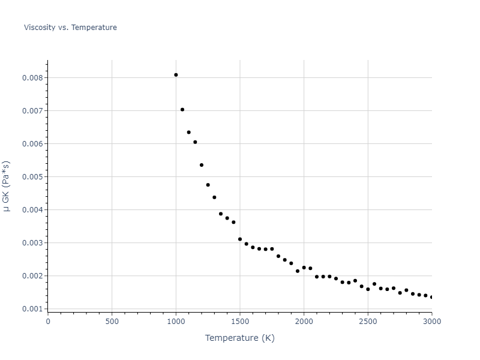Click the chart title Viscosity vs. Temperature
click(x=70, y=28)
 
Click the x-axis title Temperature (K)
click(x=239, y=338)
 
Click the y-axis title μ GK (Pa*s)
click(x=7, y=186)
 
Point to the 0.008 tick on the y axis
click(x=32, y=78)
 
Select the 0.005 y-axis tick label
click(x=32, y=177)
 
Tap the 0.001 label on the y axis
click(x=32, y=309)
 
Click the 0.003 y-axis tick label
click(x=32, y=243)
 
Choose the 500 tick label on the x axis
click(x=112, y=321)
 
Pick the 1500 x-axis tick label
click(x=239, y=321)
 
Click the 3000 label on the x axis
click(x=431, y=321)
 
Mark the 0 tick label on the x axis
click(x=48, y=321)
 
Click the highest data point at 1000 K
click(x=176, y=75)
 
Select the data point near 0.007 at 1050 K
click(x=182, y=110)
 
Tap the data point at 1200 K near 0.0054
click(x=202, y=165)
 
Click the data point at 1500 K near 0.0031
click(x=240, y=239)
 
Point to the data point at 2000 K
click(x=304, y=268)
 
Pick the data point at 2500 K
click(x=368, y=289)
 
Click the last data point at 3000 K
click(x=431, y=297)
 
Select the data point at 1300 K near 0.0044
click(x=214, y=197)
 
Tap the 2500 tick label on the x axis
click(x=368, y=321)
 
